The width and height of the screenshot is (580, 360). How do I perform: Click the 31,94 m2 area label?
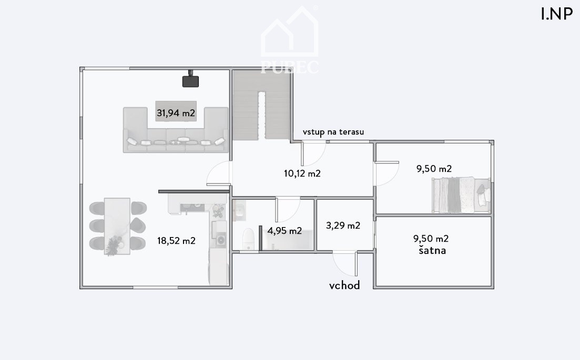[176, 113]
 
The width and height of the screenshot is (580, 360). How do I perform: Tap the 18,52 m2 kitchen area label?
[176, 241]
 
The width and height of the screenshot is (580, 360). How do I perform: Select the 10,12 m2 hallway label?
[302, 173]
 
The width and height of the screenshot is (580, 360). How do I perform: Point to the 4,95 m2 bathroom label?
[284, 231]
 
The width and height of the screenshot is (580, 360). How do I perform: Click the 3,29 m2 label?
[343, 225]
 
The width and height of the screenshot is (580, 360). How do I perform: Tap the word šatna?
[432, 250]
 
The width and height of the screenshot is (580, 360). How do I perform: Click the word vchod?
[344, 285]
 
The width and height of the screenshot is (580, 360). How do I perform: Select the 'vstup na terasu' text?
[333, 132]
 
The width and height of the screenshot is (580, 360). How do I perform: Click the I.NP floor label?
[557, 14]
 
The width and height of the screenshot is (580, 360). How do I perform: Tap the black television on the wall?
[190, 80]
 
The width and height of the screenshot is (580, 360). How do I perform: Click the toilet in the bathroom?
[249, 239]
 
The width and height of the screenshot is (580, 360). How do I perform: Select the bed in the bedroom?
[461, 195]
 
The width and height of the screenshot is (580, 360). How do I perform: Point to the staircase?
[261, 105]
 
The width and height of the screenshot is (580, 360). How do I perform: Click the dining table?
[117, 226]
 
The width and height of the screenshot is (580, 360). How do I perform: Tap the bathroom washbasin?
[240, 211]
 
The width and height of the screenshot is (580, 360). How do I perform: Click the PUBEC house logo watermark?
[290, 39]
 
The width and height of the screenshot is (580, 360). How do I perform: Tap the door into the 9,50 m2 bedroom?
[387, 173]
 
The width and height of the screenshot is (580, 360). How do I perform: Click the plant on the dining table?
[114, 246]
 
